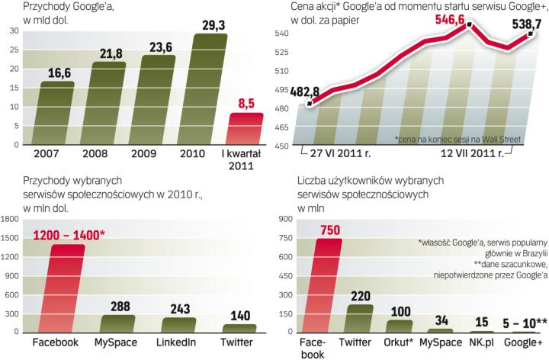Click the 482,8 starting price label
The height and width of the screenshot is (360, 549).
291,92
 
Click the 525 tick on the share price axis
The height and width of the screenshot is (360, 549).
281,52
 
